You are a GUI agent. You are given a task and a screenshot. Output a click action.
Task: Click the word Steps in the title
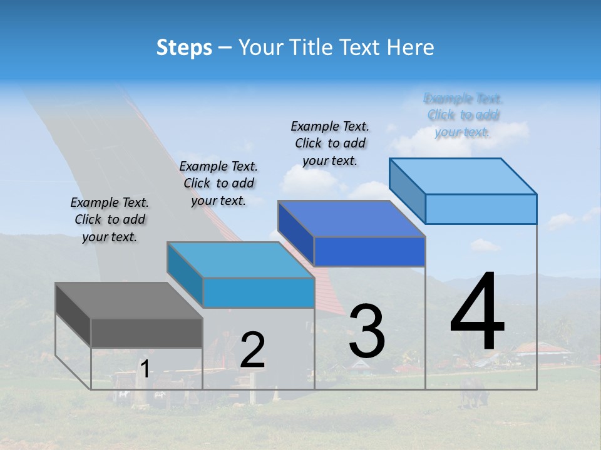click(184, 47)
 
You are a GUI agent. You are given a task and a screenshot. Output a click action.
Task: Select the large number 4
click(477, 312)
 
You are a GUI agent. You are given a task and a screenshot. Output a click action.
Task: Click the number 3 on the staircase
click(367, 331)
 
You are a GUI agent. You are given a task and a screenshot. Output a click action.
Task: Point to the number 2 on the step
click(252, 350)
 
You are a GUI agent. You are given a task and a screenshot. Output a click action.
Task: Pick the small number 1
click(145, 369)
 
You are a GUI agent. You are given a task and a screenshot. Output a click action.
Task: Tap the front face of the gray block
click(146, 332)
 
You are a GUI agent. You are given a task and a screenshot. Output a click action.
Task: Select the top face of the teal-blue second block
click(240, 259)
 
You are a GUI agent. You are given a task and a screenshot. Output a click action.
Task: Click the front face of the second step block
click(258, 292)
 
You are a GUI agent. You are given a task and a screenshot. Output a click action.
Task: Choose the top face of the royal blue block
click(351, 219)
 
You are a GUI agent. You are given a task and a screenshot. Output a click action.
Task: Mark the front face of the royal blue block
click(369, 251)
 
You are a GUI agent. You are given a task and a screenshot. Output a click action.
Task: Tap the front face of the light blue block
click(481, 209)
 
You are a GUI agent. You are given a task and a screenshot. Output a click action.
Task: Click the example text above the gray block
click(110, 219)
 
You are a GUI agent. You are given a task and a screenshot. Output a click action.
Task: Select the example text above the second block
click(218, 183)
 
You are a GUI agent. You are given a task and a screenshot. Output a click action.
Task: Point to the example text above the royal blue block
click(330, 143)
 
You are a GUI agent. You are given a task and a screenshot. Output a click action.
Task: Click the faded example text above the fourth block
click(463, 115)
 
